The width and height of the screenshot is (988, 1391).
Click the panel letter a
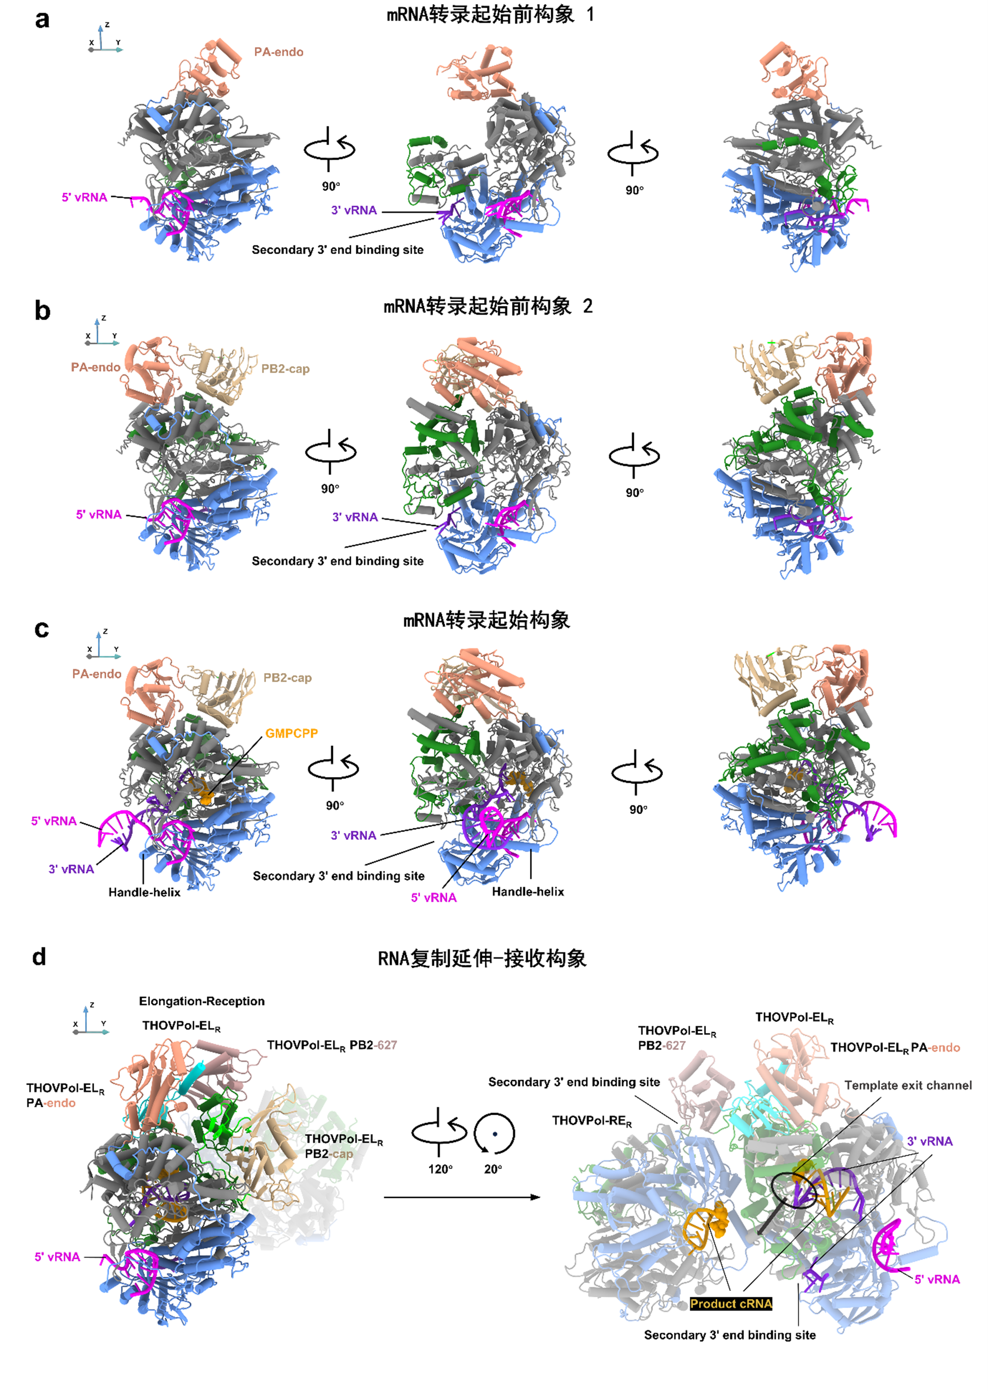[x=42, y=19]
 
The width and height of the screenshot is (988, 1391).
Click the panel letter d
[x=39, y=956]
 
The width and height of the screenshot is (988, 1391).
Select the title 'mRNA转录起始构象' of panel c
[x=487, y=620]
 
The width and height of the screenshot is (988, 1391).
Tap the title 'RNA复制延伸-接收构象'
[x=482, y=958]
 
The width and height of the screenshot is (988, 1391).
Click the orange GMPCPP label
[x=291, y=734]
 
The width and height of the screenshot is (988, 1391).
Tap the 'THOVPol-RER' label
[x=592, y=1121]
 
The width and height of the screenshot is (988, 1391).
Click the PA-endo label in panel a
[x=279, y=52]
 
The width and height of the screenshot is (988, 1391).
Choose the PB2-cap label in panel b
[x=285, y=369]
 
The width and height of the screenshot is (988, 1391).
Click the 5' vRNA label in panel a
[x=84, y=197]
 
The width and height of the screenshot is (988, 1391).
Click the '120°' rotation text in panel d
[x=440, y=1169]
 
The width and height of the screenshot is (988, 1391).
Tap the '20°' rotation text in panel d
[x=493, y=1169]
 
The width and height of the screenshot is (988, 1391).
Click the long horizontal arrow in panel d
[x=462, y=1197]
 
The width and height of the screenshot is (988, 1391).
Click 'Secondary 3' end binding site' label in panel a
[x=337, y=249]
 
